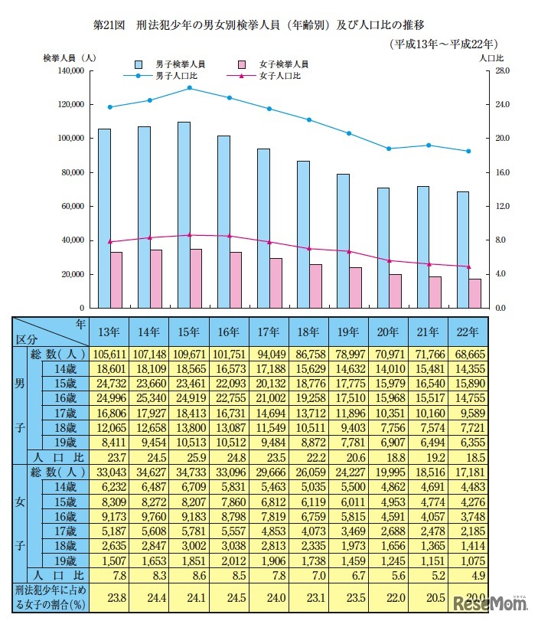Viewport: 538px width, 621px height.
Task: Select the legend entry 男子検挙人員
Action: click(x=173, y=64)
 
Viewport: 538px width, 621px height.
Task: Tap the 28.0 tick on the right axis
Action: click(x=501, y=71)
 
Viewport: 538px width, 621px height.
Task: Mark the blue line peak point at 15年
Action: click(x=189, y=88)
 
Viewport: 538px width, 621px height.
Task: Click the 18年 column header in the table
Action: click(x=308, y=332)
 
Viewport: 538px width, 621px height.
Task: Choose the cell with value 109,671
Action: click(x=189, y=355)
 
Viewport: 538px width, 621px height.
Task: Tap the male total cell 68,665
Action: click(x=467, y=355)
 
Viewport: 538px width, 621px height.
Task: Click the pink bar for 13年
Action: click(x=116, y=279)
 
